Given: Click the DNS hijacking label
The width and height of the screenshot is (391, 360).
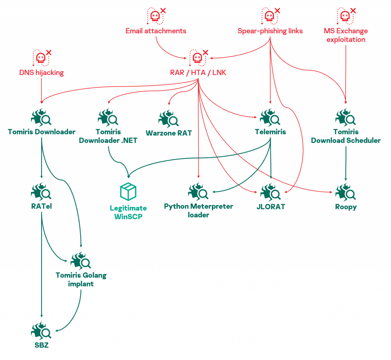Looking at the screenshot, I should click(x=41, y=73).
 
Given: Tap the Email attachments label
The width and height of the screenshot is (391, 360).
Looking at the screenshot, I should click(x=156, y=31).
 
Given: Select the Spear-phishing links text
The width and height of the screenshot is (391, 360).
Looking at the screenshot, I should click(x=270, y=31).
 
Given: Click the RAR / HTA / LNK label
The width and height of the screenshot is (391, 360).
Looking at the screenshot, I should click(x=198, y=73).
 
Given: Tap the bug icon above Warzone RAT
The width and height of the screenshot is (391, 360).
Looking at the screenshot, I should click(x=168, y=119).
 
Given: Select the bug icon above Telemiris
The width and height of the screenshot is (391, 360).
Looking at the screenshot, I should click(x=270, y=117).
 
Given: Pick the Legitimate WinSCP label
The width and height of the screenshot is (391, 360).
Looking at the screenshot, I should click(x=128, y=212).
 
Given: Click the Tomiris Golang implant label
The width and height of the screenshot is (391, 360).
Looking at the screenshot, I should click(x=81, y=279).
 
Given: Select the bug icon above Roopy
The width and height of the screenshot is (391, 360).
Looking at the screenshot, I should click(x=346, y=192).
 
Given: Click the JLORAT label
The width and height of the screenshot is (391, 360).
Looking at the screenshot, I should click(x=271, y=207).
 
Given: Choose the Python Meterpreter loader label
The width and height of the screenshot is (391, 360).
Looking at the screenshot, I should click(x=199, y=210).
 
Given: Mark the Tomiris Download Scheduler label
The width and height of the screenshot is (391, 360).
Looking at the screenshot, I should click(x=346, y=136).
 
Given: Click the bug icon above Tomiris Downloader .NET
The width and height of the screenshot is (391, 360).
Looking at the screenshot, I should click(x=108, y=117).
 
